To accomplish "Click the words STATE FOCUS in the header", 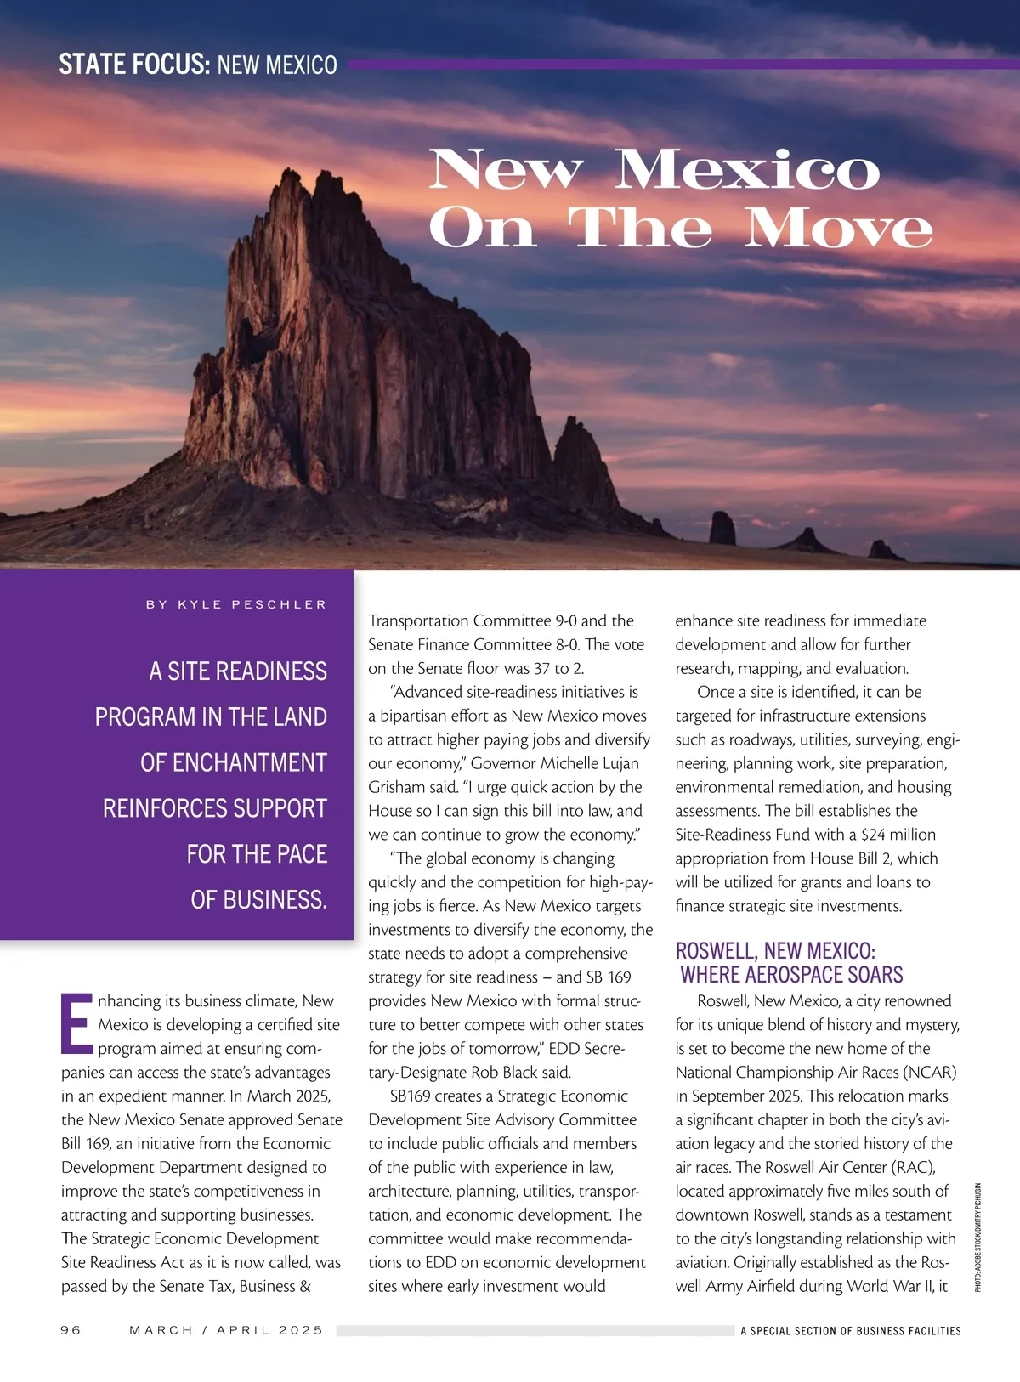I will [x=133, y=65].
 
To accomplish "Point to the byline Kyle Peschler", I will [x=236, y=604].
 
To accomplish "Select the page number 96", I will [x=71, y=1330].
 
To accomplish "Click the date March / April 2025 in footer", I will [x=226, y=1330].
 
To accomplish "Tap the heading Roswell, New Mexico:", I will [x=775, y=950].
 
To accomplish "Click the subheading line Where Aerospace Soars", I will [x=791, y=975].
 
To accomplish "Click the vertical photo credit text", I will [x=977, y=1238].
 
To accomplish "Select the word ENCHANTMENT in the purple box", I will [x=250, y=762].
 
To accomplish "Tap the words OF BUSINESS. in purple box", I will [x=258, y=899].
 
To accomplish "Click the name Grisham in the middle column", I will [x=398, y=787].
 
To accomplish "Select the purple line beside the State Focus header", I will [x=680, y=65].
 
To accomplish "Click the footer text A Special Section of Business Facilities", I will [x=850, y=1331].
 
